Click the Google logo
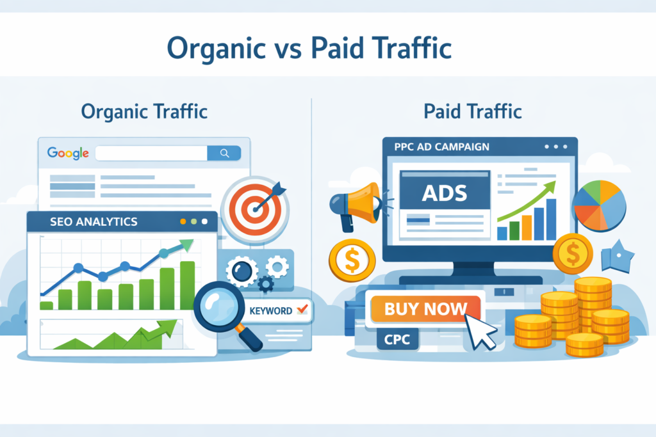tap(67, 154)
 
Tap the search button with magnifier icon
tap(224, 154)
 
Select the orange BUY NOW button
tap(425, 310)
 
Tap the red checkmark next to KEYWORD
tap(302, 310)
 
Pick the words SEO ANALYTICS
tap(93, 222)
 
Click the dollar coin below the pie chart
tap(572, 253)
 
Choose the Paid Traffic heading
tap(473, 111)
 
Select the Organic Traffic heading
tap(145, 111)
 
